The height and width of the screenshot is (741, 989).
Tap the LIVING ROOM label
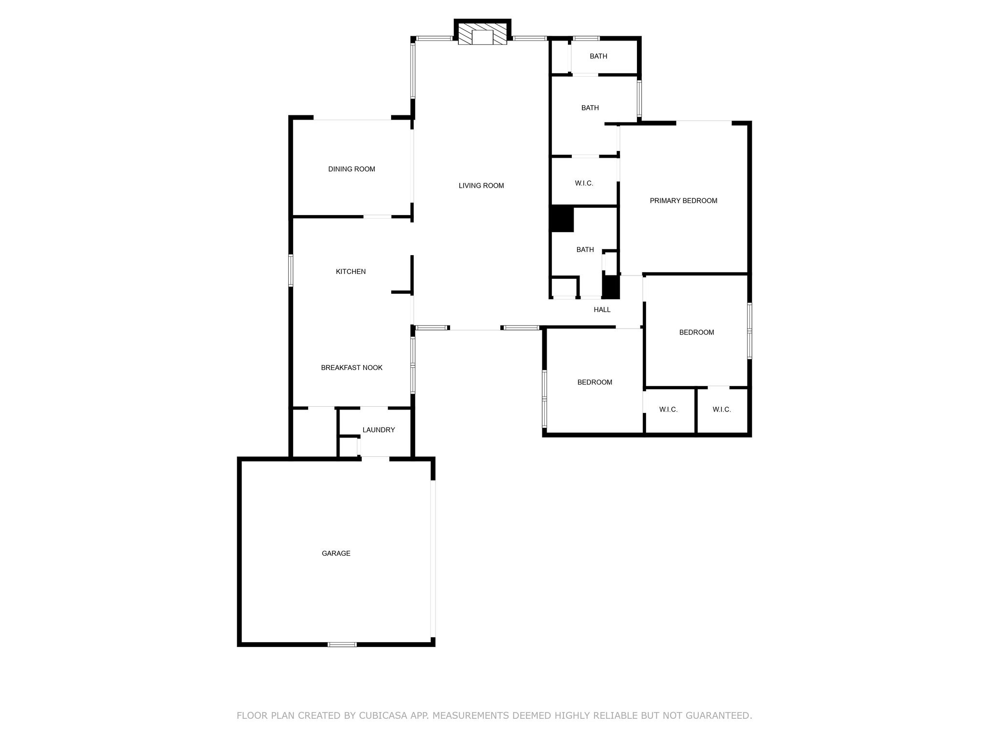[x=481, y=186]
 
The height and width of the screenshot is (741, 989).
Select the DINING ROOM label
[x=352, y=169]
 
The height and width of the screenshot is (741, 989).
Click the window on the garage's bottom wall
[x=342, y=645]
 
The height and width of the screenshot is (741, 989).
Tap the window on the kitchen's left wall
[x=291, y=270]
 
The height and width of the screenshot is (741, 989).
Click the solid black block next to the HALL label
[x=611, y=287]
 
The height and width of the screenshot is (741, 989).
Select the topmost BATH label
[x=598, y=56]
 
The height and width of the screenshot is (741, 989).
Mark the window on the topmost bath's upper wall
[x=586, y=38]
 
